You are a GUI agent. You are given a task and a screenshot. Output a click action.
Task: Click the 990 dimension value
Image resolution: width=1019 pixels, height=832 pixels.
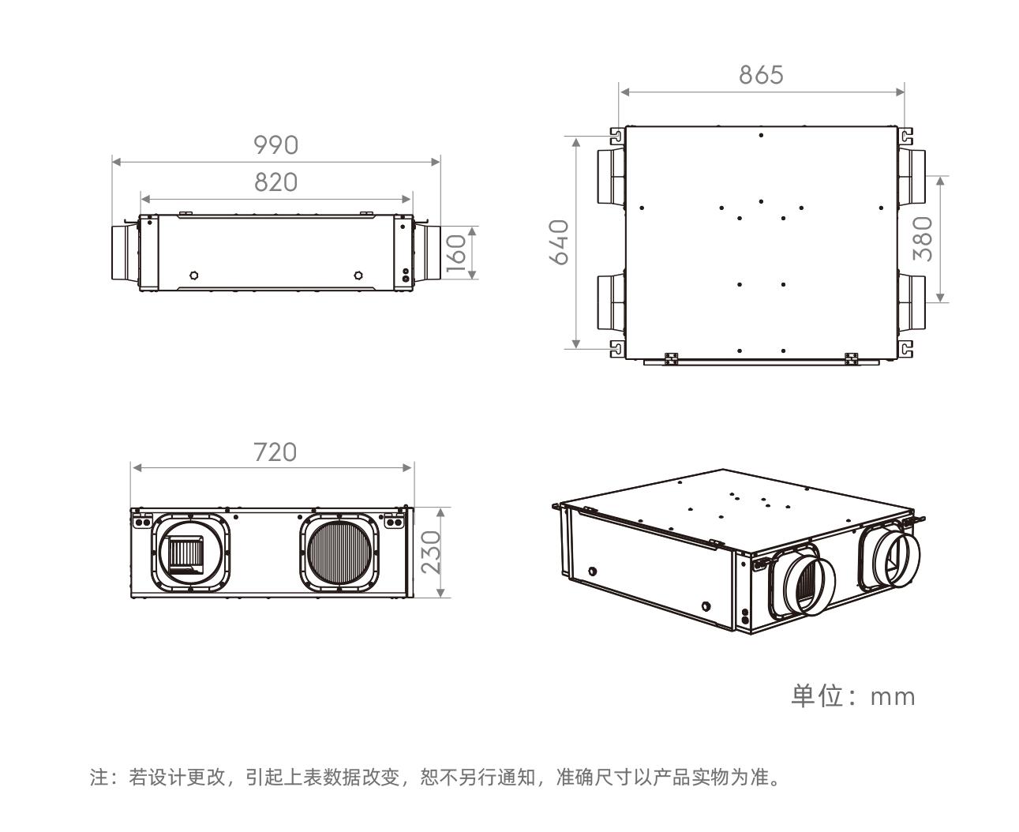coord(275,145)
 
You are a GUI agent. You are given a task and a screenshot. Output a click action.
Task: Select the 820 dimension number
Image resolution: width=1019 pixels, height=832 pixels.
coord(275,182)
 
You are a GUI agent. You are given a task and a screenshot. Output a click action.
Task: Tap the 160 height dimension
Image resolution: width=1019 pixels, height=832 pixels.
coord(456,253)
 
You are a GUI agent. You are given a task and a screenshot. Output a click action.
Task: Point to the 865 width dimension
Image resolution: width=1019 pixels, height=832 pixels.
coord(761,75)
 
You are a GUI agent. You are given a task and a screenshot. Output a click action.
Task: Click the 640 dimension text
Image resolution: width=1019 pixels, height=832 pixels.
coord(559,242)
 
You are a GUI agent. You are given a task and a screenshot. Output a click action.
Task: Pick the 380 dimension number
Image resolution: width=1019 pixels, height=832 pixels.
coord(923,238)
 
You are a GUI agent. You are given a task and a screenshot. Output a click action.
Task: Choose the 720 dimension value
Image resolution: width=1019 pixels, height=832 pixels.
coord(275,452)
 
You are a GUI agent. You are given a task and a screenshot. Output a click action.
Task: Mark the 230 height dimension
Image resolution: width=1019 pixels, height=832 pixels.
coord(431,552)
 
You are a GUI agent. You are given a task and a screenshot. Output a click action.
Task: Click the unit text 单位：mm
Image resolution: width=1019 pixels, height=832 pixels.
coord(853,696)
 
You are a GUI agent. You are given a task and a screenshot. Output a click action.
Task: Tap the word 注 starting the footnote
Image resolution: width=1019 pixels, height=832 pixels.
coord(99,778)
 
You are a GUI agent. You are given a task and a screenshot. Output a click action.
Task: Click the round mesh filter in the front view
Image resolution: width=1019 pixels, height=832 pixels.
coord(339,552)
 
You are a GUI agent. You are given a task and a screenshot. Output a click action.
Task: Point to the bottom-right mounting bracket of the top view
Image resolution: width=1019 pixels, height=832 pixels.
coord(905,348)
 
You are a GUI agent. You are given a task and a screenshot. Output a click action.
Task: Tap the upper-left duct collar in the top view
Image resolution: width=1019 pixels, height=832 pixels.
coord(609,174)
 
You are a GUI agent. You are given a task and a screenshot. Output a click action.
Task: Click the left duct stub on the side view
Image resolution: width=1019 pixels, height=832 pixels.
coord(122,253)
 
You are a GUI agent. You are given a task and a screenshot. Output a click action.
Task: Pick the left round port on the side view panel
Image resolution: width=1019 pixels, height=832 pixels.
coord(194,275)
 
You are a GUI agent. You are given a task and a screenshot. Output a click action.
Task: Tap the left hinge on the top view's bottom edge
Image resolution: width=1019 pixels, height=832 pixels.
coord(671,358)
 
